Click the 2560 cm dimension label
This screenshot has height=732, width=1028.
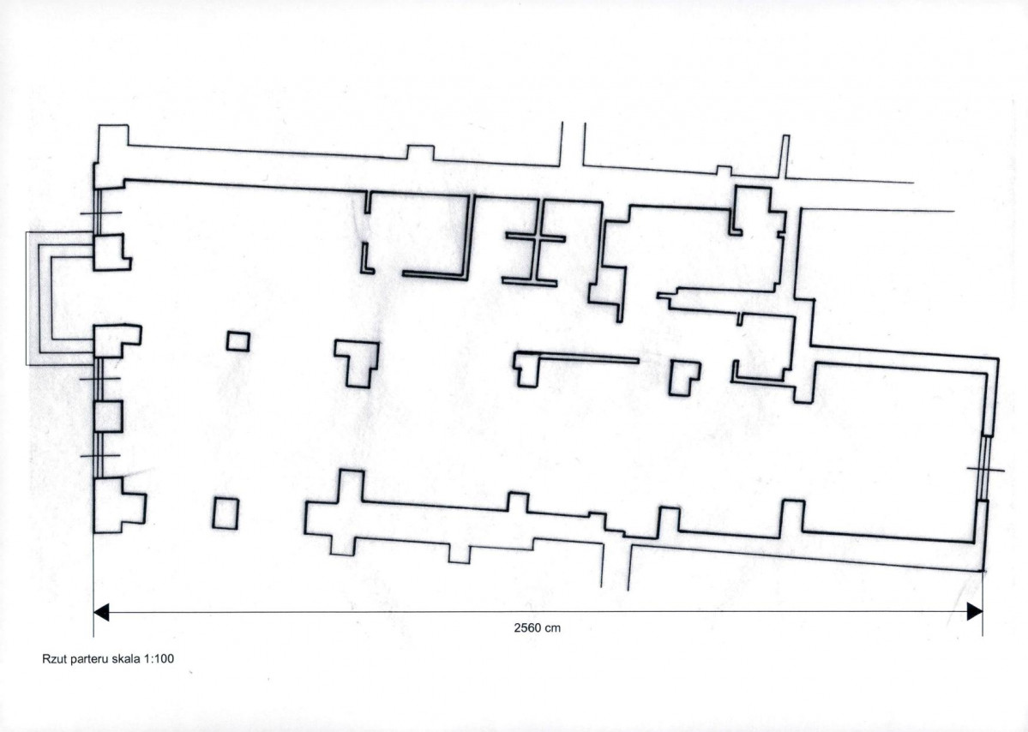537,627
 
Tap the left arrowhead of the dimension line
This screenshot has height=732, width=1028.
101,612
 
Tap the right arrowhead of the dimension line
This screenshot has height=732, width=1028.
975,612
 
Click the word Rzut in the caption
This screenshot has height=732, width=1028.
54,658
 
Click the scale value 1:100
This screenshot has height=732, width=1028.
159,658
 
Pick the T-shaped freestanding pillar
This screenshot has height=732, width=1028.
357,363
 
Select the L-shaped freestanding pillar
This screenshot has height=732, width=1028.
684,378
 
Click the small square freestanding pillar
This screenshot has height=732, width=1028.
238,341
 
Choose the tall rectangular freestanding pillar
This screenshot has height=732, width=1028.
225,513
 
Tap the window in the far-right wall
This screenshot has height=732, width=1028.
984,468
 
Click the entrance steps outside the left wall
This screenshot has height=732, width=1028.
59,298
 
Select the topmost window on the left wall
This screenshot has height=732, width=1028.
98,211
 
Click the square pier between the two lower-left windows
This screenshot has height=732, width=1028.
107,416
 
